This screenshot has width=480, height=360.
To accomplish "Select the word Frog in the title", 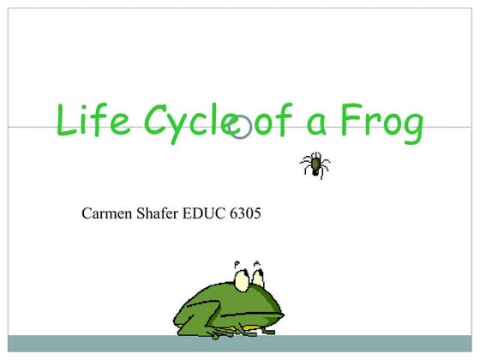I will click(381, 123).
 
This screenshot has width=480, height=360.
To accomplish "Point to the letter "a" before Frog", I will click(317, 125).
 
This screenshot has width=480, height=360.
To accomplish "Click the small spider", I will click(315, 163).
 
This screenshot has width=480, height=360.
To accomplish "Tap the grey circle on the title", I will click(241, 127).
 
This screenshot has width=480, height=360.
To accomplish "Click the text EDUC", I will click(206, 212).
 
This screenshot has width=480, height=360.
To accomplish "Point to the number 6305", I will click(245, 212).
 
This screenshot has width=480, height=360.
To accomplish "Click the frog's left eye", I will click(243, 279).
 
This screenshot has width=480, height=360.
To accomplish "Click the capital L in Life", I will click(66, 121).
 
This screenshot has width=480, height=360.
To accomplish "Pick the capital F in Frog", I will click(350, 121).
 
